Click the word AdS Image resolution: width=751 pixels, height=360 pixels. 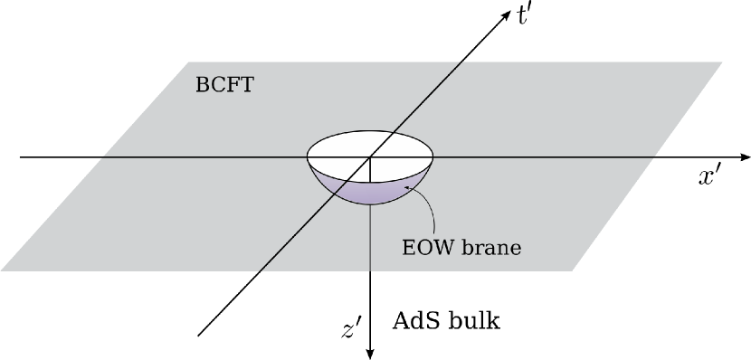click(x=416, y=320)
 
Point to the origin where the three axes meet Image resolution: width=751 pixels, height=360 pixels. click(x=370, y=157)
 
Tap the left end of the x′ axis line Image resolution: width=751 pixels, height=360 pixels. click(x=21, y=157)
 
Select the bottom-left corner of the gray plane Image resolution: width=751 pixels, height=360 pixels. click(x=3, y=270)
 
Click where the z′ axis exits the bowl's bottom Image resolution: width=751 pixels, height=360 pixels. click(x=370, y=205)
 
